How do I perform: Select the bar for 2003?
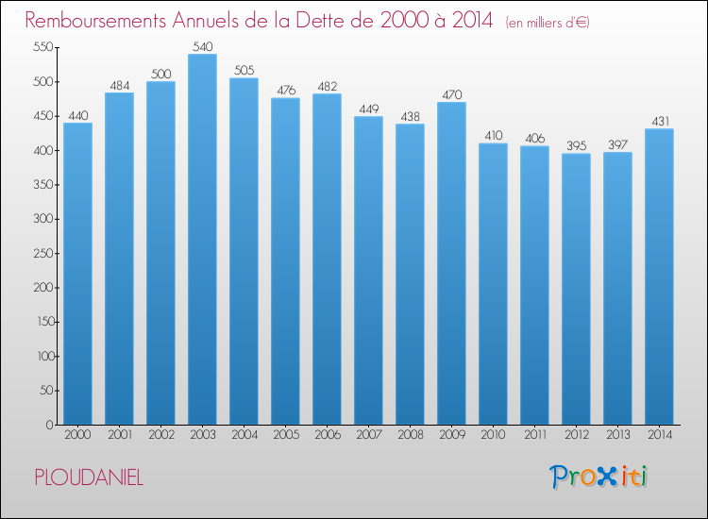pos(202,239)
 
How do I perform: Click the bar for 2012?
pos(576,289)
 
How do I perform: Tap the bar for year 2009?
pos(451,263)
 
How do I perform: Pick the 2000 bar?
pos(77,274)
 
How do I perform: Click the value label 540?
pos(203,46)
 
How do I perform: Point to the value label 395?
pos(577,145)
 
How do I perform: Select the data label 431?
pos(660,121)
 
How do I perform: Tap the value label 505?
pos(244,70)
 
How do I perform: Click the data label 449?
pos(369,109)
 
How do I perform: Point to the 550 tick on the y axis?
pos(43,47)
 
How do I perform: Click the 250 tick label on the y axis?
pos(43,253)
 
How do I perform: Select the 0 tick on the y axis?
pos(50,425)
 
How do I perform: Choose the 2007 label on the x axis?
pos(369,435)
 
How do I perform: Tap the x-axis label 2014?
pos(660,435)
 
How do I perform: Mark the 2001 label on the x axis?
pos(120,435)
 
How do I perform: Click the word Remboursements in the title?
pos(95,21)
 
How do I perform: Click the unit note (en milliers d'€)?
pos(548,23)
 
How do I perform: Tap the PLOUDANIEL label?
pos(89,477)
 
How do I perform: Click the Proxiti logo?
pos(598,477)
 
